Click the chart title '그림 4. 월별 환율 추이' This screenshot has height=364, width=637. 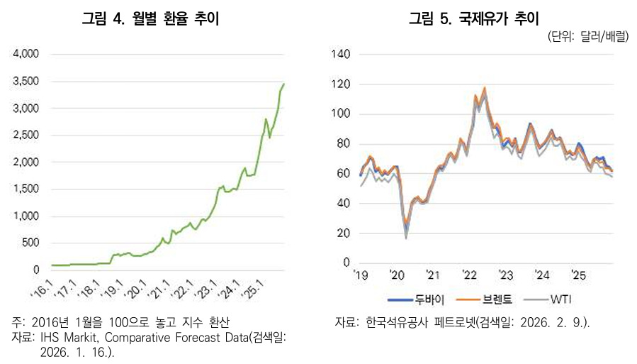pyautogui.click(x=150, y=19)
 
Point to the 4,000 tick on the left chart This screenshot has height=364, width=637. pyautogui.click(x=26, y=54)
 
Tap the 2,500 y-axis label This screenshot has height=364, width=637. pyautogui.click(x=26, y=135)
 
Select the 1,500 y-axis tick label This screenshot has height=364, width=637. pyautogui.click(x=26, y=189)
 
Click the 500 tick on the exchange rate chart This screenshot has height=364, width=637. pyautogui.click(x=31, y=243)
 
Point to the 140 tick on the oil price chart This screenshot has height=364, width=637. pyautogui.click(x=342, y=55)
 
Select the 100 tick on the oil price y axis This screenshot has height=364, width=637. pyautogui.click(x=342, y=114)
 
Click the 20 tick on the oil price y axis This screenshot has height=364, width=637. pyautogui.click(x=344, y=233)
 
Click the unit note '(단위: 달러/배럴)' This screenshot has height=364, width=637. pyautogui.click(x=587, y=37)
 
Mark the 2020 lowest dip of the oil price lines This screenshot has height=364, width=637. pyautogui.click(x=406, y=237)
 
